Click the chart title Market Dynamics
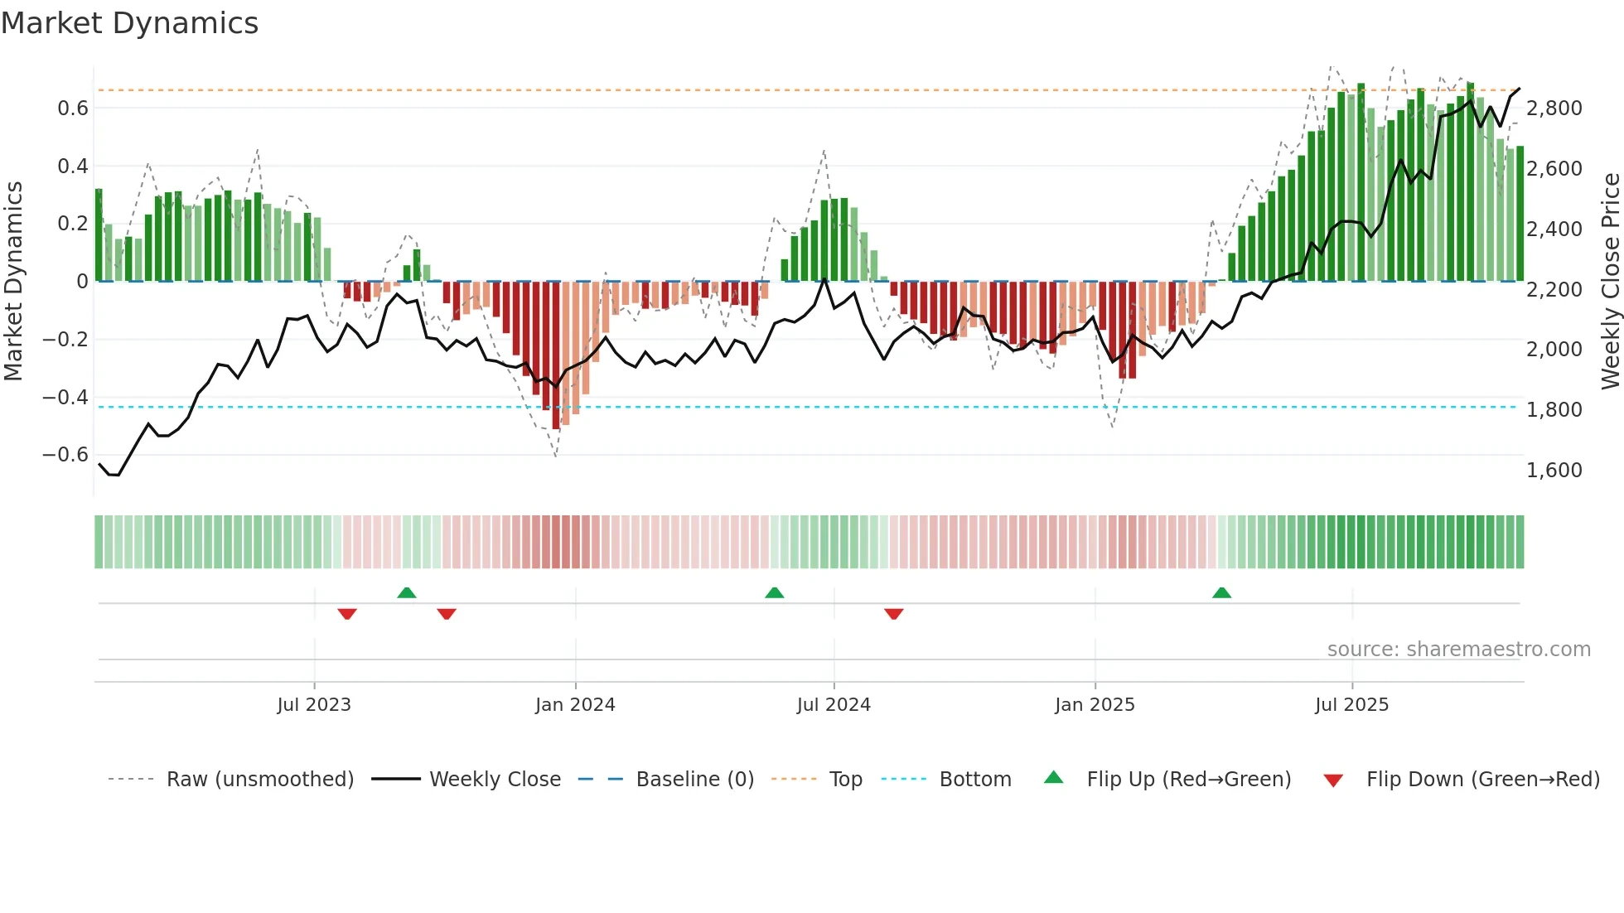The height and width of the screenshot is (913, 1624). click(129, 23)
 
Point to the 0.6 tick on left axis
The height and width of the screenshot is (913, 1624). click(73, 109)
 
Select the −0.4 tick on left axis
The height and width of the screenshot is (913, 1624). click(65, 398)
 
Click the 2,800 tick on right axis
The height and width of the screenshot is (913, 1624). click(1554, 109)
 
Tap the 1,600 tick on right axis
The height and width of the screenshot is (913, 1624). click(1554, 471)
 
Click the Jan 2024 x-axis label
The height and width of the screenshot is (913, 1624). click(575, 705)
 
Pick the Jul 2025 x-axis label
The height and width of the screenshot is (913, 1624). click(1351, 705)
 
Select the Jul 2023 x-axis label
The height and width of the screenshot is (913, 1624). click(314, 705)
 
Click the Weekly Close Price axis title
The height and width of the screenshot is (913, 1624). click(1610, 281)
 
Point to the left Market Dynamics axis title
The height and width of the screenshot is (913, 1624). click(13, 281)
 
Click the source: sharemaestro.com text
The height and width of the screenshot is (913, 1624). click(1458, 650)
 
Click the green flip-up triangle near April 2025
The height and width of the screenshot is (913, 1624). click(1221, 592)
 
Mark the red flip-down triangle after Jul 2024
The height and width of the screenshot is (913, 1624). click(893, 614)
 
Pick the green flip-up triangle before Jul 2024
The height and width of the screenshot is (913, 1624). click(774, 592)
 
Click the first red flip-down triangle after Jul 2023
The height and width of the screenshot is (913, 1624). click(347, 614)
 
